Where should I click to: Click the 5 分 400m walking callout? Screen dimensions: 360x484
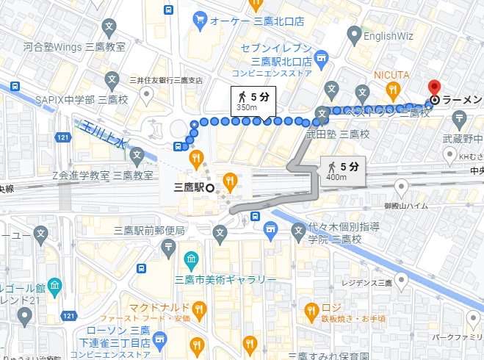342,171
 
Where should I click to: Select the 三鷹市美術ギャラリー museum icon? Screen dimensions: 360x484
190,259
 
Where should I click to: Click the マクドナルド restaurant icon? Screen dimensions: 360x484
198,307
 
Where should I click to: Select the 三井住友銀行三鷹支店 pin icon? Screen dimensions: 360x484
146,93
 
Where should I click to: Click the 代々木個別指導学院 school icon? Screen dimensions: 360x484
298,232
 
